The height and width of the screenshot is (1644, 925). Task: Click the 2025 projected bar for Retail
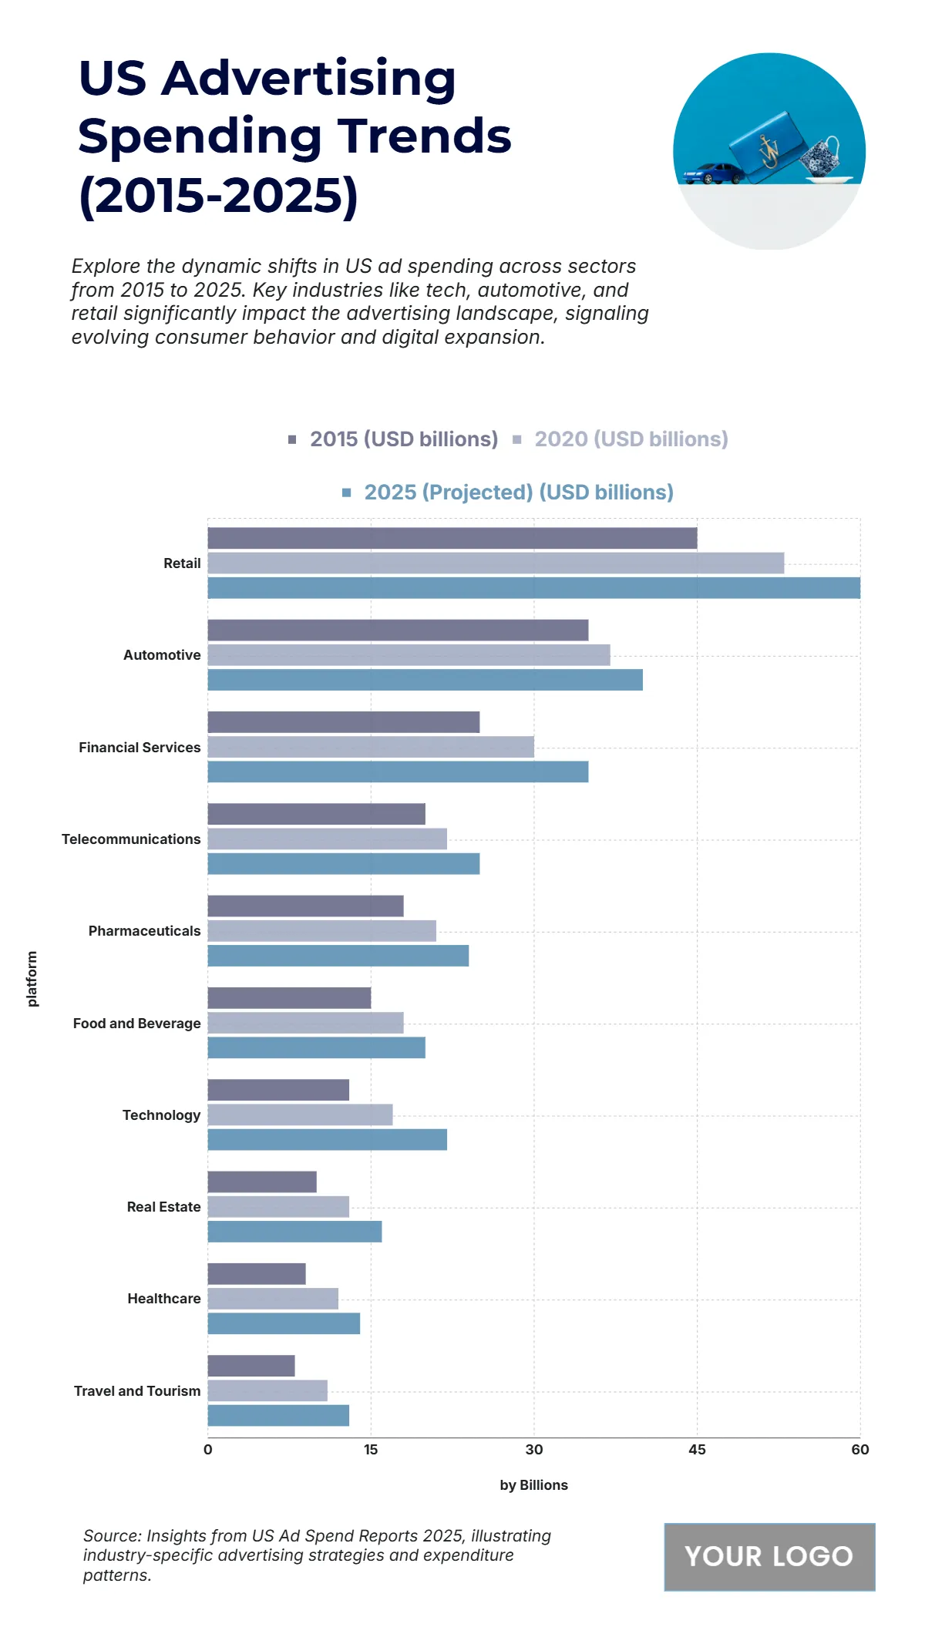(533, 588)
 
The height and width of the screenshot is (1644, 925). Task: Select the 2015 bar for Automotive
(398, 630)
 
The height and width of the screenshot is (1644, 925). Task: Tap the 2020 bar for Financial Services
(371, 747)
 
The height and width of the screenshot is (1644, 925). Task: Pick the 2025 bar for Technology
(327, 1139)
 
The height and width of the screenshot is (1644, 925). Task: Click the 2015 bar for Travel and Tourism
(251, 1366)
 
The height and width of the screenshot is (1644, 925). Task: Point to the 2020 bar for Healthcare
(273, 1299)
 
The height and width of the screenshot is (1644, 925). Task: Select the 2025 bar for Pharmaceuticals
(338, 956)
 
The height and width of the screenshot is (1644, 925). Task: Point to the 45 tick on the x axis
(697, 1450)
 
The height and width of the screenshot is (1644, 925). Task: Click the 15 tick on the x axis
(371, 1450)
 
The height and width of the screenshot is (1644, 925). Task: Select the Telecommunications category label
(131, 839)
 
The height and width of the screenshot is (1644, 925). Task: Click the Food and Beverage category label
(136, 1024)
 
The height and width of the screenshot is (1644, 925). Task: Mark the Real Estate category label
(163, 1207)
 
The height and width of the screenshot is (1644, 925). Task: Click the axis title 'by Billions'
(533, 1485)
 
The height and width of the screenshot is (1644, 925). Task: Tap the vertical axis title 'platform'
(32, 978)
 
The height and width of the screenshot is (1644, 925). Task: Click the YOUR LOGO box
(769, 1556)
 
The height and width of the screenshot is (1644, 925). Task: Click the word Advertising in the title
(308, 79)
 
